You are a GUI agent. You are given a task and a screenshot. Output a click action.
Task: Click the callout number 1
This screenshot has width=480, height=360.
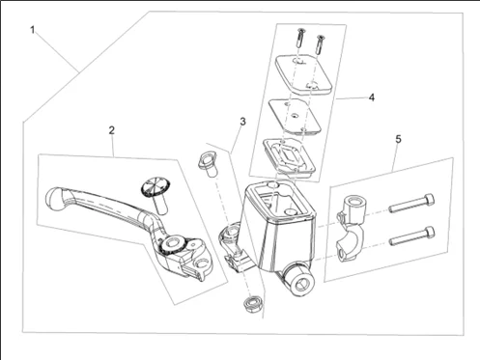pyautogui.click(x=32, y=30)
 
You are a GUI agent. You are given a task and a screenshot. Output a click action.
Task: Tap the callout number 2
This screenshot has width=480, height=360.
pyautogui.click(x=111, y=130)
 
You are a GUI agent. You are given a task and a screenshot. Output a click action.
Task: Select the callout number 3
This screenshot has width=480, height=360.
pyautogui.click(x=242, y=122)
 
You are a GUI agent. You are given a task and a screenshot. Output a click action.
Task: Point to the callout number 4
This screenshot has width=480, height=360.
pyautogui.click(x=372, y=97)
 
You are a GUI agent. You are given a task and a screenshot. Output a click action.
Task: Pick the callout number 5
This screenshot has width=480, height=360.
pyautogui.click(x=399, y=139)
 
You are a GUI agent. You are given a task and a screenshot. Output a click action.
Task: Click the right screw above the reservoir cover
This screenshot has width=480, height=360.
pyautogui.click(x=321, y=44)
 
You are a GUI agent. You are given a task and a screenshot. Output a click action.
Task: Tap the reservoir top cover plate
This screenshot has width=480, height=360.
pyautogui.click(x=303, y=74)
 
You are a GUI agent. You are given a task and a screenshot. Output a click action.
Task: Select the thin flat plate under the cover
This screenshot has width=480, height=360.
pyautogui.click(x=295, y=116)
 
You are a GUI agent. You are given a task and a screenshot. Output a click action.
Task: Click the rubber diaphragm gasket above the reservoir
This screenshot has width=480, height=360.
pyautogui.click(x=289, y=156)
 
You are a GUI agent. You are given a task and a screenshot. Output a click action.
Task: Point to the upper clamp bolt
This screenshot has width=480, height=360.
pyautogui.click(x=411, y=203)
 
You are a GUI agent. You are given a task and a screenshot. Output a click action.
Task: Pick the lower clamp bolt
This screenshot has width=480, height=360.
pyautogui.click(x=411, y=236)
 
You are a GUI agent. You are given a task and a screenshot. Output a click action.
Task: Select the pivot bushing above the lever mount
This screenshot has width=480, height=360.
pyautogui.click(x=207, y=164)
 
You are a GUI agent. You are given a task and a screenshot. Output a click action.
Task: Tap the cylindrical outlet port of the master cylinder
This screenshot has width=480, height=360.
pyautogui.click(x=299, y=279)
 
